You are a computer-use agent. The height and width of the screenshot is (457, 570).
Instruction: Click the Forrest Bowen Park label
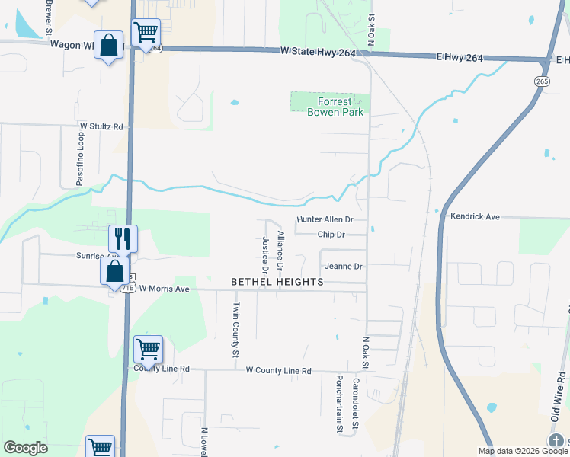(x=329, y=107)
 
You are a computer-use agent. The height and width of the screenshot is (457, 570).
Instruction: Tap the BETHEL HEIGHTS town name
(x=277, y=282)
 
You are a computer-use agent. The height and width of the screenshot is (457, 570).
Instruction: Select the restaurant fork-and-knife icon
(x=122, y=238)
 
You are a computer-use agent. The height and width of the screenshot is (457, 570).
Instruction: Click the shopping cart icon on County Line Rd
(x=148, y=350)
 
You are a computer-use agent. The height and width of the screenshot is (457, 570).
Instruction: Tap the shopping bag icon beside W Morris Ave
(x=114, y=270)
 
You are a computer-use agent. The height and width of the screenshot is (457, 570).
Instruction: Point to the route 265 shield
(x=542, y=81)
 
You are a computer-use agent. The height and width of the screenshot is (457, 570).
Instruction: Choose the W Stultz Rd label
(x=101, y=126)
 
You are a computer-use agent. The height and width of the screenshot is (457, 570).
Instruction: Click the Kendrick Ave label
(x=474, y=217)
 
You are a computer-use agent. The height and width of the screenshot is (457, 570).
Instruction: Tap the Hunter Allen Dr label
(x=325, y=219)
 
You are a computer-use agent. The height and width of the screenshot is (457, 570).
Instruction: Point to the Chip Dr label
(x=331, y=235)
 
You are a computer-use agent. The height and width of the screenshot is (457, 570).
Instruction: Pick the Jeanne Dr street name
(x=343, y=267)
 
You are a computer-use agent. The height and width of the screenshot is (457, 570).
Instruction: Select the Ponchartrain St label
(x=339, y=403)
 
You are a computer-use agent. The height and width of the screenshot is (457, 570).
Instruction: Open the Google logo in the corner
(x=25, y=448)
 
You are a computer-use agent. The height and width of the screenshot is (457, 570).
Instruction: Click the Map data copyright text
(x=523, y=451)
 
